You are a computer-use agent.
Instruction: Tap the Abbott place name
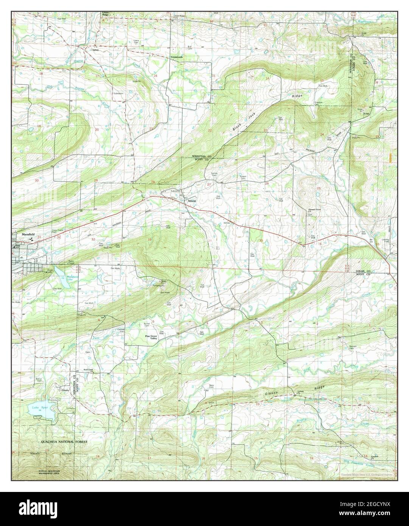(x=192, y=201)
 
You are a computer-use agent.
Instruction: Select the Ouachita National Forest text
(x=65, y=442)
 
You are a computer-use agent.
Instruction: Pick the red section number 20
(x=97, y=130)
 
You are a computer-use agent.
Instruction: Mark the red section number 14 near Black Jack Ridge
(x=267, y=78)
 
